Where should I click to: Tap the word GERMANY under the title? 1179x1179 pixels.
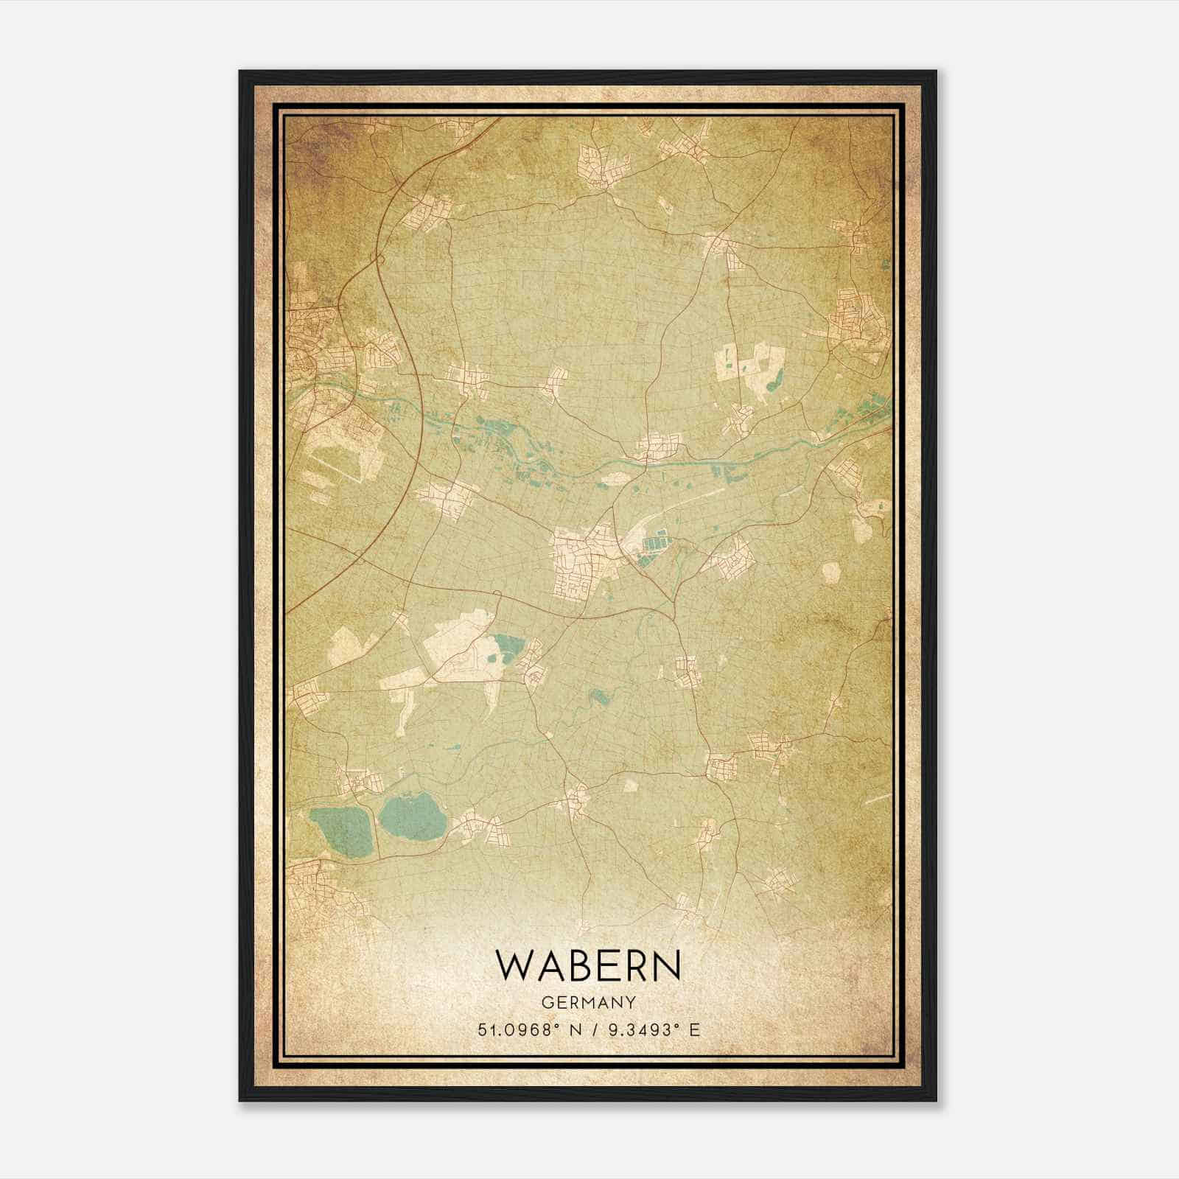point(588,1002)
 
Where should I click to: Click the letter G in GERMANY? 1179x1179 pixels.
point(545,1002)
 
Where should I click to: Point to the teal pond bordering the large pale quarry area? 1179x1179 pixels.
point(507,648)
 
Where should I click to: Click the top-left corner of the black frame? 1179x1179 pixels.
point(241,72)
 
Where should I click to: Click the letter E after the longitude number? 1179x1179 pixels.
point(694,1030)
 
